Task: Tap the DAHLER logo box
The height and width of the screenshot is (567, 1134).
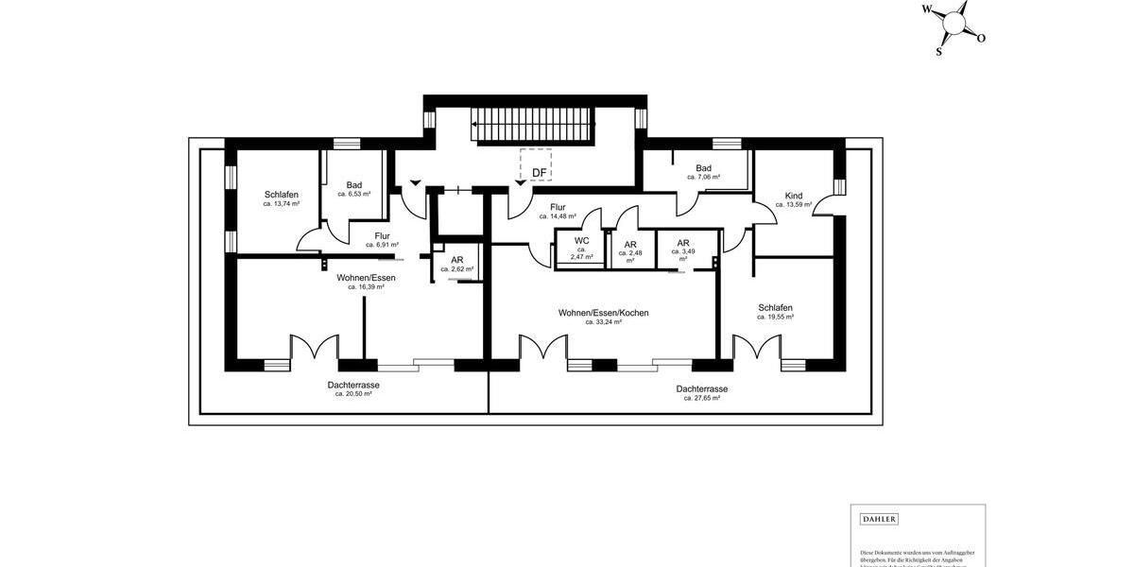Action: pos(879,519)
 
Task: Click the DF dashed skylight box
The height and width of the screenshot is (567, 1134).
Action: pos(537,165)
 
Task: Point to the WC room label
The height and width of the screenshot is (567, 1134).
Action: pos(581,241)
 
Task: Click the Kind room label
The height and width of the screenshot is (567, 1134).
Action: pos(793,196)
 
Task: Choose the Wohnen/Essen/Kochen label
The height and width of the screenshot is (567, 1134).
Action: pos(603,313)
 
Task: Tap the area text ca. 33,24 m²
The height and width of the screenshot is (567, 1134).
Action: pos(603,322)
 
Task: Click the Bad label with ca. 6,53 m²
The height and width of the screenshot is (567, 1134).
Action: pos(354,185)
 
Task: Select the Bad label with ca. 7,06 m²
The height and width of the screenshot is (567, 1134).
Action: pos(703,168)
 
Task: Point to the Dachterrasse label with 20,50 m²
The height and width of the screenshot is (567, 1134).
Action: pos(353,386)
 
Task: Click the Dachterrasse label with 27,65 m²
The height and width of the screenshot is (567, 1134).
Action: pos(701,389)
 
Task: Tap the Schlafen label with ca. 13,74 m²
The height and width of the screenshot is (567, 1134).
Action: pos(282,195)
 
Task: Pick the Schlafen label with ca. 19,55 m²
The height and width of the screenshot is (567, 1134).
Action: pos(775,308)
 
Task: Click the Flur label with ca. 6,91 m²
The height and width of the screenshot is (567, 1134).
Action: pos(382,236)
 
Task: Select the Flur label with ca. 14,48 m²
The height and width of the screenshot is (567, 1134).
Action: pos(558,207)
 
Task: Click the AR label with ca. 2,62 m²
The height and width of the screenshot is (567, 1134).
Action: pos(456,260)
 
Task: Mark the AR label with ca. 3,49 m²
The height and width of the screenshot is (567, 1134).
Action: pos(682,243)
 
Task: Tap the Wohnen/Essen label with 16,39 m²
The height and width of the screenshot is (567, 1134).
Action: pos(366,278)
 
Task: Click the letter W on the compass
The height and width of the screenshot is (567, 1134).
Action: pos(927,10)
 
